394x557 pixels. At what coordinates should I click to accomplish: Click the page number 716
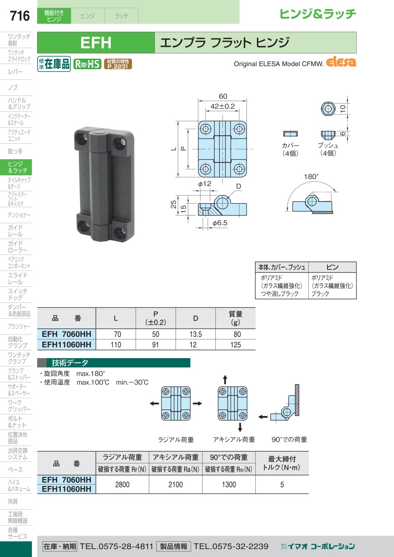point(20,16)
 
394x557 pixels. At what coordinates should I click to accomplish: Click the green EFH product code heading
point(96,42)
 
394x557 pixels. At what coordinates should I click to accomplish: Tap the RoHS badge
point(87,64)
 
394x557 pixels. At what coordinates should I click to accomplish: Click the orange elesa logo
point(341,62)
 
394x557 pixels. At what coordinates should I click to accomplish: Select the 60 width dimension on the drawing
point(223,96)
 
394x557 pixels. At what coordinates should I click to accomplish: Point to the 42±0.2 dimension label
point(222,106)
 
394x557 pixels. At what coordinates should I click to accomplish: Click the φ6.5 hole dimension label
point(220,223)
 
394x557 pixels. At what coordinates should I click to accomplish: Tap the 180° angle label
point(311,176)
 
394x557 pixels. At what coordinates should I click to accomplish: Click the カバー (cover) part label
point(290,145)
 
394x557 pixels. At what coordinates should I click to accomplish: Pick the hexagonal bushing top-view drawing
point(328,109)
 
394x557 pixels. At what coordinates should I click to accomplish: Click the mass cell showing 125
point(236,345)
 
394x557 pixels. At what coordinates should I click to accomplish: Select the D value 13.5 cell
point(196,334)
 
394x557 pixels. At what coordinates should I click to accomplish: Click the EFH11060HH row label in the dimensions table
point(67,345)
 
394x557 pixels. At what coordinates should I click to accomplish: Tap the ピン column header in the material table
point(332,267)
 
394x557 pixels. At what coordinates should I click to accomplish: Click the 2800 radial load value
point(122,484)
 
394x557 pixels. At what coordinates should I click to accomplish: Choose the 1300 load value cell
point(229,484)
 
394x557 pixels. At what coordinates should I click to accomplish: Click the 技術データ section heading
point(70,363)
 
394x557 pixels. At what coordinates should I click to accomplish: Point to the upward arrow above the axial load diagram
point(225,380)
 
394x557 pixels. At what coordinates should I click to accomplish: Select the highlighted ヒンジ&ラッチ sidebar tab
point(16,167)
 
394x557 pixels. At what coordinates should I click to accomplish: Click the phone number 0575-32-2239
point(231,546)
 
